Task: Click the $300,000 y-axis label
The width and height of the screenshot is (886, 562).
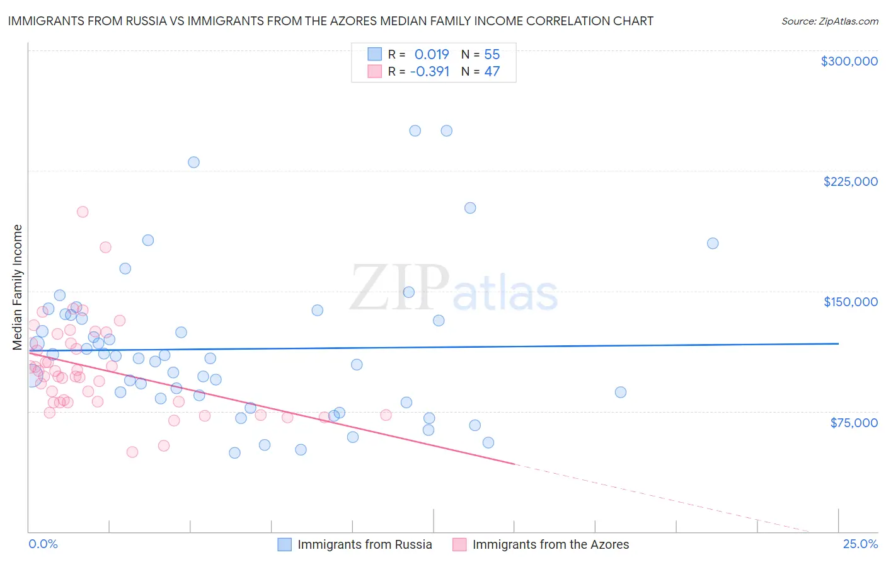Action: click(849, 61)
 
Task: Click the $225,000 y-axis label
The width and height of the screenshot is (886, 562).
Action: click(850, 181)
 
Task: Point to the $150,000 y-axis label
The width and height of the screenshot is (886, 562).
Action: click(850, 302)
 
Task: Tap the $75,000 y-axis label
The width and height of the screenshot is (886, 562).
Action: click(853, 422)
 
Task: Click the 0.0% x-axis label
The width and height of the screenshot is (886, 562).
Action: click(43, 544)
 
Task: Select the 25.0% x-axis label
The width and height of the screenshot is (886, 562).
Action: click(860, 544)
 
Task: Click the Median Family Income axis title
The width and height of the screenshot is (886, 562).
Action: click(17, 287)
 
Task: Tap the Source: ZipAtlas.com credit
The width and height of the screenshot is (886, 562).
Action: click(829, 21)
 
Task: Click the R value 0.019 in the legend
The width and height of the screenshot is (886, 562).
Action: click(432, 54)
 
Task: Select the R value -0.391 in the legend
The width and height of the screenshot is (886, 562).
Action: click(430, 71)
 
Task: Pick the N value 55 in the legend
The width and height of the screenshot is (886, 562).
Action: click(492, 54)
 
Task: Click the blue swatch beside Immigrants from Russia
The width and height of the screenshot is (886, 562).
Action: click(285, 544)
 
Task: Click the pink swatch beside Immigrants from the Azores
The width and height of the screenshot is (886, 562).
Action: click(459, 544)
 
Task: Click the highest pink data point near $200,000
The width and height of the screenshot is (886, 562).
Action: click(83, 212)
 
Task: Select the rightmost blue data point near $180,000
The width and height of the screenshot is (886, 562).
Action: click(713, 243)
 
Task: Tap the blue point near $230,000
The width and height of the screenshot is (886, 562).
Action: click(193, 162)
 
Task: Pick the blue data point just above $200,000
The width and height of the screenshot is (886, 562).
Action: click(470, 208)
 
